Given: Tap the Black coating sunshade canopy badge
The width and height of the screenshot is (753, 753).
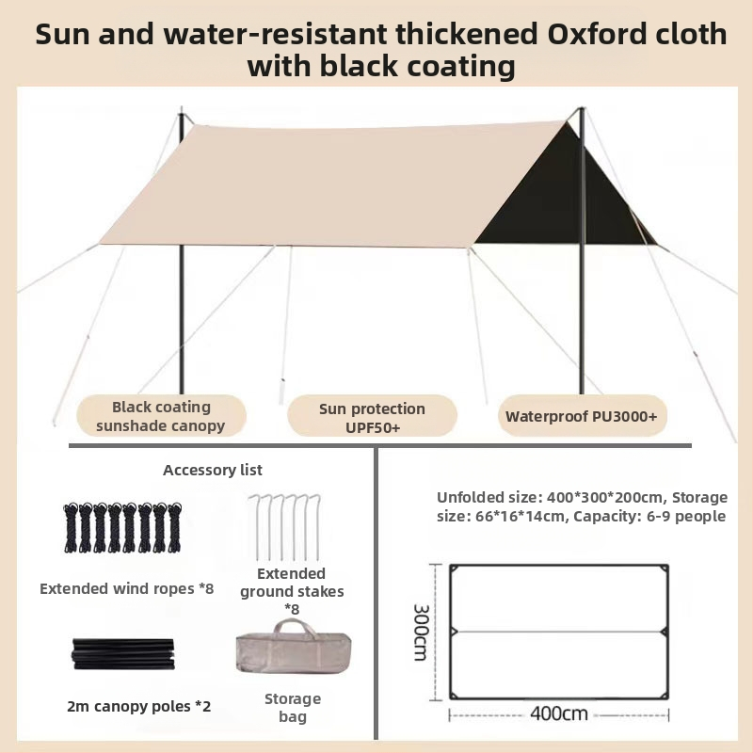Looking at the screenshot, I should pyautogui.click(x=161, y=416).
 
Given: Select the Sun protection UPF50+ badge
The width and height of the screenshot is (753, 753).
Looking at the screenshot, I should pyautogui.click(x=372, y=417).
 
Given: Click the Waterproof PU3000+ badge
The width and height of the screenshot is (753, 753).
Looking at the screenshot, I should pyautogui.click(x=581, y=416).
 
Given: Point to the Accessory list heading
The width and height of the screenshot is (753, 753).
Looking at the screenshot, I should pyautogui.click(x=213, y=470).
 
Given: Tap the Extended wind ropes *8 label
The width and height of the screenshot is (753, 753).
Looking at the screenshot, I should pyautogui.click(x=127, y=588).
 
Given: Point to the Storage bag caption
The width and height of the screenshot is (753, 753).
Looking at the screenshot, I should pyautogui.click(x=293, y=708).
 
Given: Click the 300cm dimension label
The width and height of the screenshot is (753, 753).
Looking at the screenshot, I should pyautogui.click(x=420, y=632).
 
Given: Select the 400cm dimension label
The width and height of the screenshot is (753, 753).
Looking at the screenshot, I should pyautogui.click(x=558, y=713).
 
